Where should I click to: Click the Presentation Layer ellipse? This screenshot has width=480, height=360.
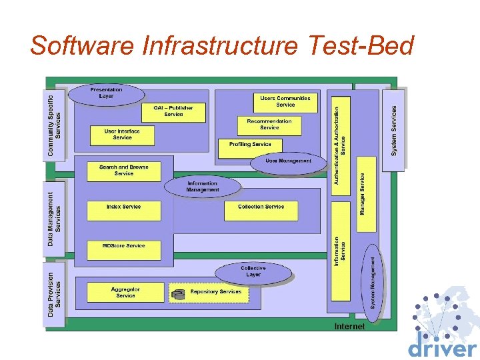point(106,93)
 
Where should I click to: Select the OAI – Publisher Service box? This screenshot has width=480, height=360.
point(173,111)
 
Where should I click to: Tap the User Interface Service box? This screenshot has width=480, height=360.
point(122,135)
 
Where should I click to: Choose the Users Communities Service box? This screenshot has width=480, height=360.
point(285,101)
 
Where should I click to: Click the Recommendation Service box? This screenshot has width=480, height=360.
point(269,125)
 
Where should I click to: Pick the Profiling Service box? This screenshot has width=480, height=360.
point(250,145)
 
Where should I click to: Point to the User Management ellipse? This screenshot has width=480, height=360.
point(288,161)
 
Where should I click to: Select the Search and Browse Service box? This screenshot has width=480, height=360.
point(124,171)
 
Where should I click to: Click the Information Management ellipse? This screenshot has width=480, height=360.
point(202,186)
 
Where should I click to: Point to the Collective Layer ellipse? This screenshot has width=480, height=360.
point(253,271)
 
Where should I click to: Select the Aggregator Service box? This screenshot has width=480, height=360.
point(125,292)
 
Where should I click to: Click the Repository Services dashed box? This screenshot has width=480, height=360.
point(209,293)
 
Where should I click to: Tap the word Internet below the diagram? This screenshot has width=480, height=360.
point(349,327)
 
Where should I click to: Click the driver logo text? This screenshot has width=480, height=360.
point(442,348)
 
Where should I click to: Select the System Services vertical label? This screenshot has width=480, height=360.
point(394,131)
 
